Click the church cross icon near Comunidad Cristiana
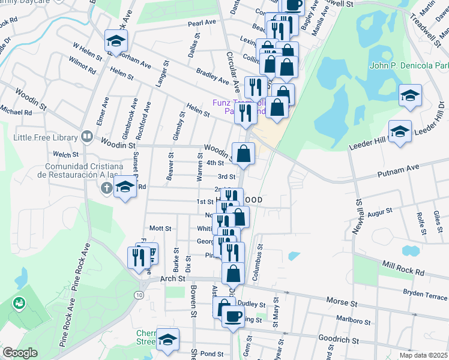pos(106,188)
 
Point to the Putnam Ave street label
pos(397,173)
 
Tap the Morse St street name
pos(342,299)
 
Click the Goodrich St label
pos(339,340)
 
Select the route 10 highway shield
pos(139,295)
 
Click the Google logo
pos(20,353)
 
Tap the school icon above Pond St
pos(168,338)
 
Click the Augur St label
pos(379,212)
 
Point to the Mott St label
pos(160,229)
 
